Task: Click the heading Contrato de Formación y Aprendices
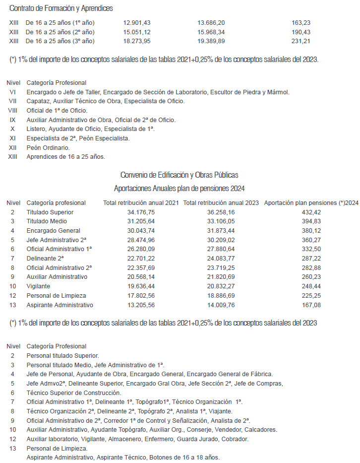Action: [x=61, y=8]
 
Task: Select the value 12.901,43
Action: [x=136, y=23]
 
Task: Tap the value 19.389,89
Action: [x=211, y=41]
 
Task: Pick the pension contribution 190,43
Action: [x=301, y=32]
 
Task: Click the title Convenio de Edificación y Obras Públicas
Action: [x=179, y=175]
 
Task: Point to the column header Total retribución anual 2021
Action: [x=141, y=203]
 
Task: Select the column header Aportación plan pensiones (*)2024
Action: [x=311, y=203]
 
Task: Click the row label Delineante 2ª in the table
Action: [x=45, y=259]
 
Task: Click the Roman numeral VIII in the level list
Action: [x=13, y=111]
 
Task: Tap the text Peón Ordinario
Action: [x=48, y=147]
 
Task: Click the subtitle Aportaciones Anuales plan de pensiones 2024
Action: [x=179, y=189]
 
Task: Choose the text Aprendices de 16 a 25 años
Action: [x=65, y=156]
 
